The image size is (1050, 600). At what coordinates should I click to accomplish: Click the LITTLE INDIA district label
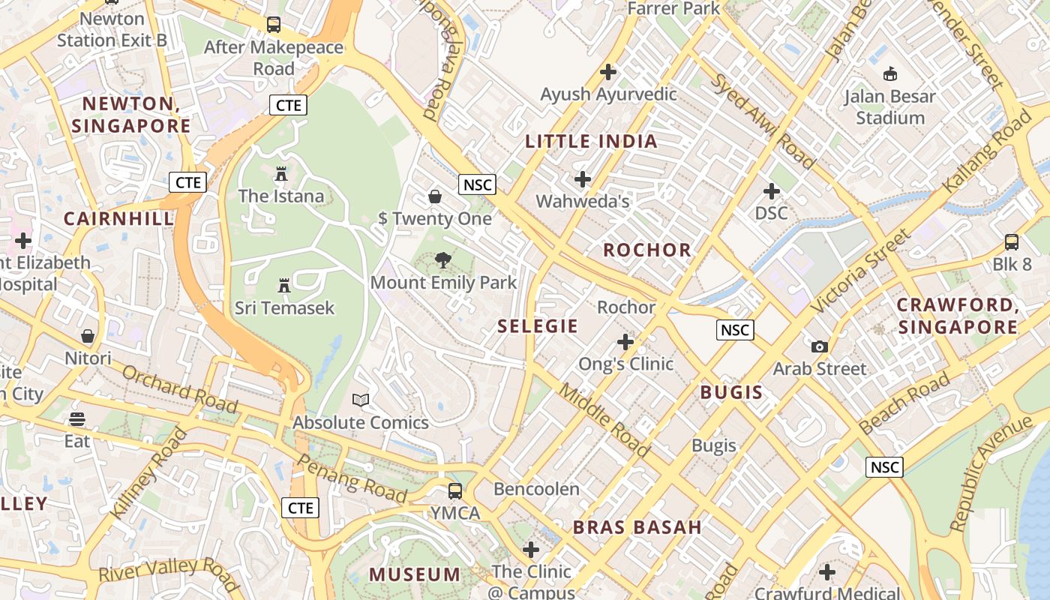tap(591, 141)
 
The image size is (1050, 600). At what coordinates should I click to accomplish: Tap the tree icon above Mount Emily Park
tap(443, 260)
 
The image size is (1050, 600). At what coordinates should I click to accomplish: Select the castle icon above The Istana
tap(281, 174)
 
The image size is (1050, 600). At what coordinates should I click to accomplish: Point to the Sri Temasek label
tap(284, 307)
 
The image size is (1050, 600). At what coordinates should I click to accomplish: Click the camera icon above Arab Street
tap(820, 346)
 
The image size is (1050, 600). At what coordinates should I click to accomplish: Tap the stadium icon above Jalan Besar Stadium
tap(890, 73)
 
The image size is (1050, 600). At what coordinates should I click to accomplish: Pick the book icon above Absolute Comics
tap(361, 400)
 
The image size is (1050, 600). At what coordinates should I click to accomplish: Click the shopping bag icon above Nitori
tap(88, 336)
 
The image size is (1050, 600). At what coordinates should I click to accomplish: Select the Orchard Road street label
tap(179, 389)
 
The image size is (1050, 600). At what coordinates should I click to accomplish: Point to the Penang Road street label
tap(352, 478)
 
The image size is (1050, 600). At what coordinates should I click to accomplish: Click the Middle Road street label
tap(604, 421)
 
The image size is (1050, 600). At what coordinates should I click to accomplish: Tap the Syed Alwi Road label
tap(763, 121)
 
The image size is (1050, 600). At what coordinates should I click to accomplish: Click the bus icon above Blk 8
tap(1012, 242)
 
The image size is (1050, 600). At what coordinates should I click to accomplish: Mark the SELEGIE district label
tap(538, 326)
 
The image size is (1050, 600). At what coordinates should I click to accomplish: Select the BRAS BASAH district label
tap(637, 527)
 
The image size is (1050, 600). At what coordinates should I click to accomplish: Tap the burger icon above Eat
tap(77, 418)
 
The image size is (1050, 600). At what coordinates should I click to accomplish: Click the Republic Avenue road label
tap(990, 473)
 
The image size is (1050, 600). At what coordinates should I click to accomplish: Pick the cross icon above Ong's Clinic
tap(625, 342)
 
